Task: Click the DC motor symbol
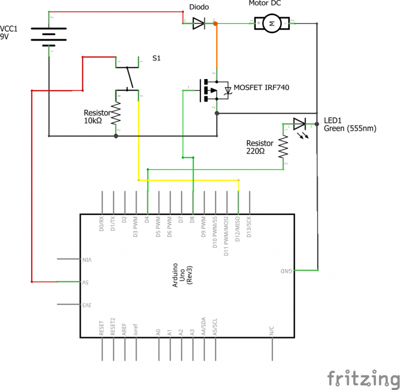270,23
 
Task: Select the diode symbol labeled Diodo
199,23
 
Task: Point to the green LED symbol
299,124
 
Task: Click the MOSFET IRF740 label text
261,87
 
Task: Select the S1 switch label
156,59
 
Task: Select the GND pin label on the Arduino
286,271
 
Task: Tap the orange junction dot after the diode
216,23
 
